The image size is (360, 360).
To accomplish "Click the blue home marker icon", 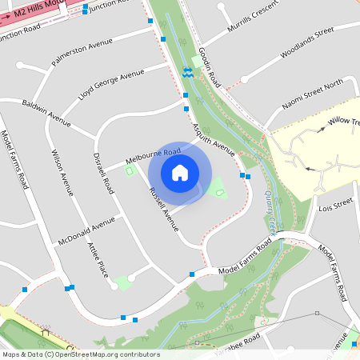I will point(180,173).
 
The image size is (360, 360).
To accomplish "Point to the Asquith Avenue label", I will point(214,138).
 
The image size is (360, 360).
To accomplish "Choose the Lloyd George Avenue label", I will point(111,86).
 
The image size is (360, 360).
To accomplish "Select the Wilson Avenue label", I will point(62,173).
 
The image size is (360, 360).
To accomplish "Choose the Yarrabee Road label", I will point(237,341).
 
